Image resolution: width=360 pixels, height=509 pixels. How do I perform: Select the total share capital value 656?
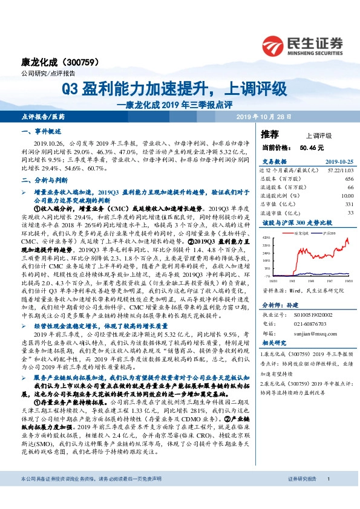coord(349,180)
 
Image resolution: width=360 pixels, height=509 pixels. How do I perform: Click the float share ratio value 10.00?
coord(347,196)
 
